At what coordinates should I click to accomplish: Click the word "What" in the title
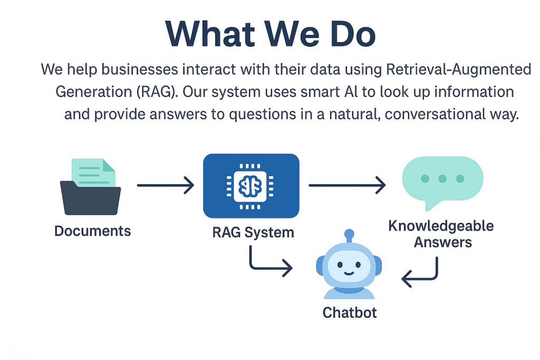click(210, 34)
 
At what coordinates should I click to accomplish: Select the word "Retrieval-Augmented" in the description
click(458, 70)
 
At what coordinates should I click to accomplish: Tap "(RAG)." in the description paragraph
click(157, 92)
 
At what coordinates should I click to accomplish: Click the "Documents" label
click(93, 231)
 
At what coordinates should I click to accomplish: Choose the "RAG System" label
click(253, 232)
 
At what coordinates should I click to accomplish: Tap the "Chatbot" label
click(350, 313)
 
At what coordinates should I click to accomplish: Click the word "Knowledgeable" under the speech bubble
click(441, 226)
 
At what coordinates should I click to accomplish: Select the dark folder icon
click(90, 198)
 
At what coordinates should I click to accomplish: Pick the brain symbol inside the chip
click(250, 186)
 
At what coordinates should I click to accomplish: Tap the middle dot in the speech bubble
click(442, 179)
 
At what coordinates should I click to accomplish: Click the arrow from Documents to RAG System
click(166, 185)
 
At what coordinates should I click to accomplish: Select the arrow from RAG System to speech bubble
click(347, 185)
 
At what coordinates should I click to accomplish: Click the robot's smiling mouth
click(349, 273)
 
